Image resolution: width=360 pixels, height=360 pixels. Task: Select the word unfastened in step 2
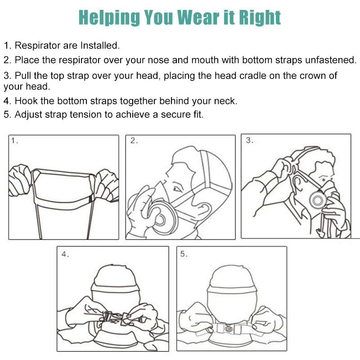pyautogui.click(x=328, y=60)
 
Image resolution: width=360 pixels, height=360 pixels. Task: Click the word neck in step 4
pyautogui.click(x=225, y=101)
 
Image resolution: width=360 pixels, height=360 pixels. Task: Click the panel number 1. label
pyautogui.click(x=15, y=141)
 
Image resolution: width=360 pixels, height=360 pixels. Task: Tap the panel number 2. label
pyautogui.click(x=134, y=141)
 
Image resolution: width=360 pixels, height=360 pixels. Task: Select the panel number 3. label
pyautogui.click(x=250, y=141)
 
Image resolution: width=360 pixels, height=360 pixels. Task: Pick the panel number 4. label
pyautogui.click(x=66, y=254)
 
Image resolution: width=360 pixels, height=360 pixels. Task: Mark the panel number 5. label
pyautogui.click(x=184, y=254)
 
